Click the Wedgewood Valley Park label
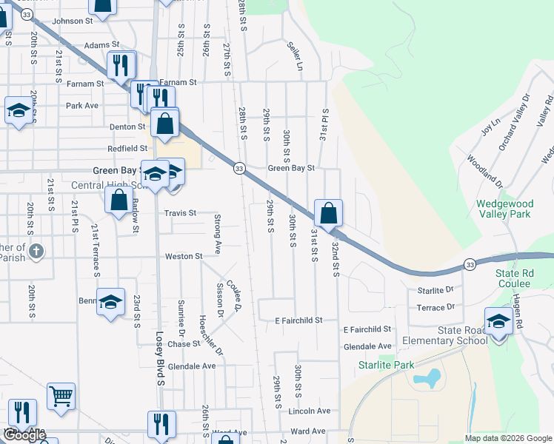point(504,208)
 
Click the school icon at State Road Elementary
point(498,322)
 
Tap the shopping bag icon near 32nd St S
point(328,213)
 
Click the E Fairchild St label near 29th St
point(298,320)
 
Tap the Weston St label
point(184,257)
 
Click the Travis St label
point(181,213)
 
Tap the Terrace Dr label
point(435,307)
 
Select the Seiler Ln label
point(296,55)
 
